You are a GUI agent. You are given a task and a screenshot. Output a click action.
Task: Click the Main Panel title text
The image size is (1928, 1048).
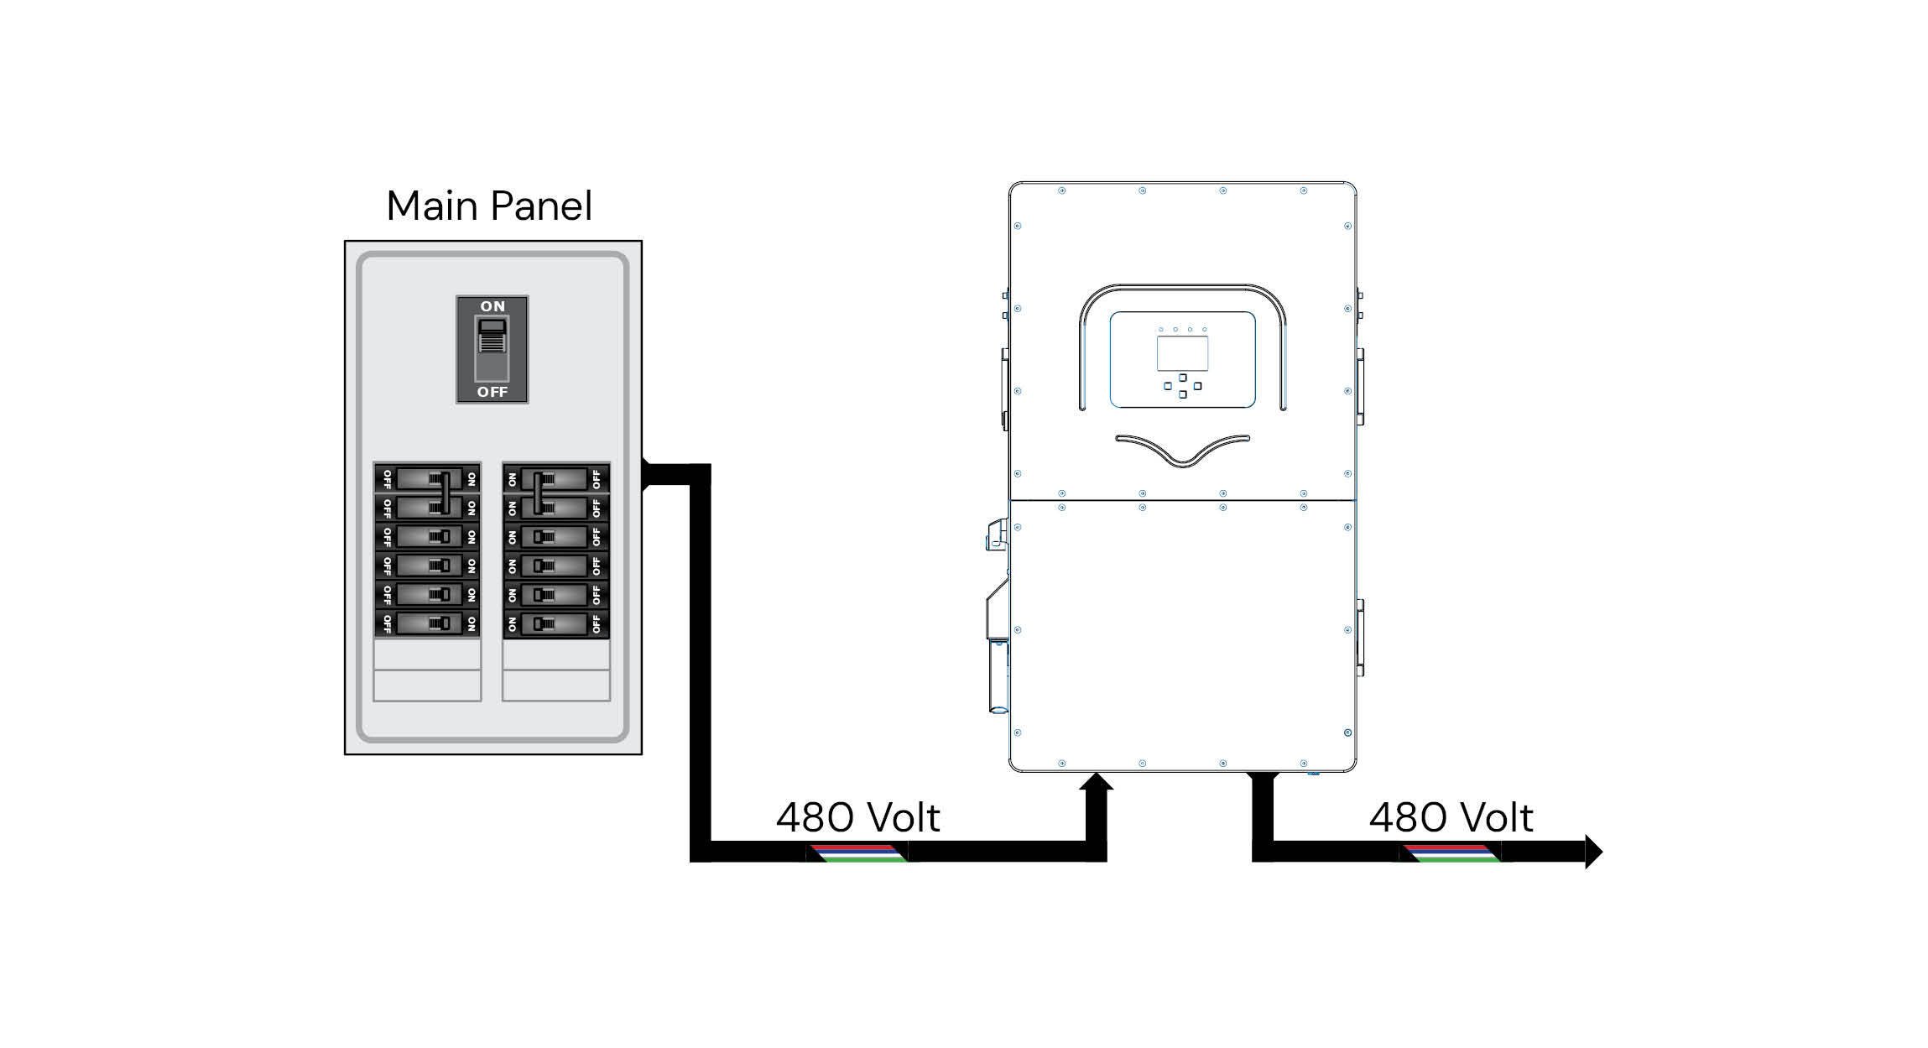pyautogui.click(x=489, y=206)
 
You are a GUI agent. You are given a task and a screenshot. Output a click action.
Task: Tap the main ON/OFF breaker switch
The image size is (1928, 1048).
pyautogui.click(x=492, y=348)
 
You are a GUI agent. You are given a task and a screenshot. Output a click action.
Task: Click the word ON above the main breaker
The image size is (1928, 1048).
pyautogui.click(x=492, y=306)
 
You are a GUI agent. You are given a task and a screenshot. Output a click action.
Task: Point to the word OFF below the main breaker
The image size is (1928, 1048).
pyautogui.click(x=492, y=392)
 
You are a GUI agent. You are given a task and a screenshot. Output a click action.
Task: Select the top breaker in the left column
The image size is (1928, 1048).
pyautogui.click(x=427, y=479)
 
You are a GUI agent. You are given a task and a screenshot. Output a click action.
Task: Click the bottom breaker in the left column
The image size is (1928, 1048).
pyautogui.click(x=427, y=623)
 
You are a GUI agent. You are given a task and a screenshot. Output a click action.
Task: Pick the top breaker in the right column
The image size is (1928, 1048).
pyautogui.click(x=556, y=479)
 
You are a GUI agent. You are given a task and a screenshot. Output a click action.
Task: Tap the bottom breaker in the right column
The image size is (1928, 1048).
pyautogui.click(x=556, y=623)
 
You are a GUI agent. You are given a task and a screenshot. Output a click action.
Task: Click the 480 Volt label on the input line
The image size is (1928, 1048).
pyautogui.click(x=857, y=817)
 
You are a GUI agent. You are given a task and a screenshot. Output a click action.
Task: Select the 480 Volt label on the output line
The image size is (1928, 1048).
pyautogui.click(x=1451, y=817)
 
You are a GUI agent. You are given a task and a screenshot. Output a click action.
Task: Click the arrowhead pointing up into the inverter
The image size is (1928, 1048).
pyautogui.click(x=1097, y=784)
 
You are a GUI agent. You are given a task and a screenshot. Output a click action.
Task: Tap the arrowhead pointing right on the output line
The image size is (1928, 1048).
pyautogui.click(x=1592, y=852)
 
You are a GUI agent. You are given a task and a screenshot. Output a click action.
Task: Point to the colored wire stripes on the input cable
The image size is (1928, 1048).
pyautogui.click(x=857, y=853)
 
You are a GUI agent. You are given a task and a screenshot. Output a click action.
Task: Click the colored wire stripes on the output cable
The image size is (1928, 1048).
pyautogui.click(x=1450, y=853)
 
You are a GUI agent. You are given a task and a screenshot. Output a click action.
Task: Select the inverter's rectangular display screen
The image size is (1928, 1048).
pyautogui.click(x=1182, y=354)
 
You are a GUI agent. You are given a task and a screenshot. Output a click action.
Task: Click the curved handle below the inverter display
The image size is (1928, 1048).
pyautogui.click(x=1182, y=450)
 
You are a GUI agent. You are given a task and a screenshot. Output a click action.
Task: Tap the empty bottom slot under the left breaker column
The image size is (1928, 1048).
pyautogui.click(x=427, y=686)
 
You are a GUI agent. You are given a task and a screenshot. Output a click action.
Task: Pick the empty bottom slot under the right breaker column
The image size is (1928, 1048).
pyautogui.click(x=556, y=686)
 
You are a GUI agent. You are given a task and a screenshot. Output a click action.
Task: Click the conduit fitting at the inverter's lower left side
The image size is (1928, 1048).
pyautogui.click(x=998, y=676)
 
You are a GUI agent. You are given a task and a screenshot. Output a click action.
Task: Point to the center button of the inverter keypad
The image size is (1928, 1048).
pyautogui.click(x=1182, y=386)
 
